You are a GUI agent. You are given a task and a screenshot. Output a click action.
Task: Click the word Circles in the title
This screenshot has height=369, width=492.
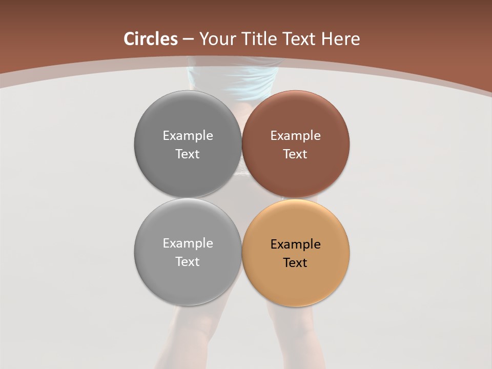(x=151, y=39)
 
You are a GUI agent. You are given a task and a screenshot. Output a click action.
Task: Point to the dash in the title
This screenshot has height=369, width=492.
(x=189, y=39)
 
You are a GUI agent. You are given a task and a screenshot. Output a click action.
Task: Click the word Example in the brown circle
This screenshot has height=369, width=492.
(x=296, y=136)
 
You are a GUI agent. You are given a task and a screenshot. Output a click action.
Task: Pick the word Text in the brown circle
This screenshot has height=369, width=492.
(x=295, y=154)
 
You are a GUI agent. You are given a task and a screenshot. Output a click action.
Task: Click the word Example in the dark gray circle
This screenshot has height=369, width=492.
(x=188, y=136)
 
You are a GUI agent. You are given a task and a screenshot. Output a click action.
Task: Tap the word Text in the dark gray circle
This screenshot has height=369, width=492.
(x=188, y=154)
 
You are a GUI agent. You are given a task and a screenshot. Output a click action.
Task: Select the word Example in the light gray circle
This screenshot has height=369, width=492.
(x=188, y=243)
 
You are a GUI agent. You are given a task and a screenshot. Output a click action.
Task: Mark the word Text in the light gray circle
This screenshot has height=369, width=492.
(x=188, y=262)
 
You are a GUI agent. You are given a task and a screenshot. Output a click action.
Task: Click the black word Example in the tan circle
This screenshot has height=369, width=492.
(x=296, y=244)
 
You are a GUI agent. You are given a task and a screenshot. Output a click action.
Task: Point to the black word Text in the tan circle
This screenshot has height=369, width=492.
(x=295, y=263)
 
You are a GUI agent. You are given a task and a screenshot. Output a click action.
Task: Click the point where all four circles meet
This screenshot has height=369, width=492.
(x=242, y=198)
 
